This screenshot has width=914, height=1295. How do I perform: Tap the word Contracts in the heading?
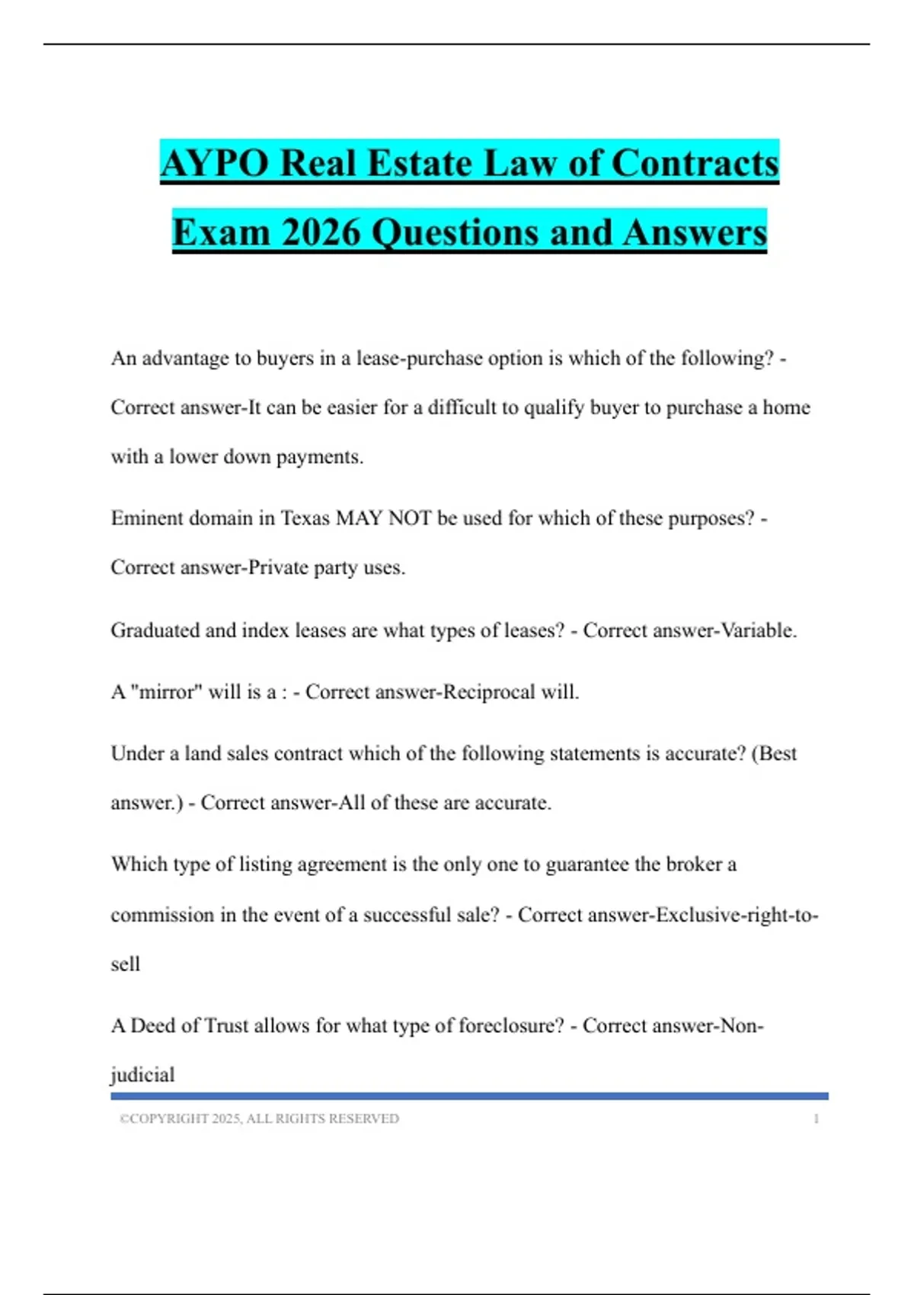coord(695,163)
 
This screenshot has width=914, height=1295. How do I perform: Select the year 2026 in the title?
coord(320,232)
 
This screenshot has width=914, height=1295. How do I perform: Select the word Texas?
coord(305,518)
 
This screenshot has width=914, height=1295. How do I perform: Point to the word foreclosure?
coord(511,1025)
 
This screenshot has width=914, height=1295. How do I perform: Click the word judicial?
coord(142,1075)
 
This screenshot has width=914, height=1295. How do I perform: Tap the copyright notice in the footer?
coord(259,1119)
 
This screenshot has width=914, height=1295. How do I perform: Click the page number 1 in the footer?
coord(816,1119)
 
